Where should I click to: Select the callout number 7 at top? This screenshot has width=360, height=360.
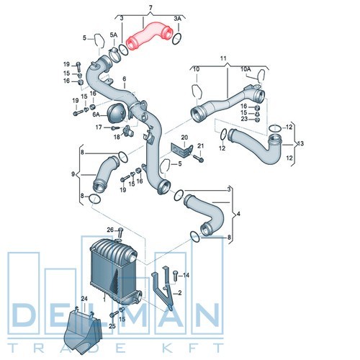coord(150,8)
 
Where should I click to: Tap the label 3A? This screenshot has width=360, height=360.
coord(178,19)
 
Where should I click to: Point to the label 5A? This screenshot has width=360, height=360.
coord(114,35)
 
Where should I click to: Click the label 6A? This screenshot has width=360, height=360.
coord(96,114)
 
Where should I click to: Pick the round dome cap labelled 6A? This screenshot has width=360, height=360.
coord(117,114)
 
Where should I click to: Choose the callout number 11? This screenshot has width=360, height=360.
coord(223,58)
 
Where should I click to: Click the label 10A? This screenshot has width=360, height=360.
coord(246,69)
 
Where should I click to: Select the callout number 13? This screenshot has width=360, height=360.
coord(300,143)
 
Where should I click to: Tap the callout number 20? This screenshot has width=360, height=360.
coord(184,138)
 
